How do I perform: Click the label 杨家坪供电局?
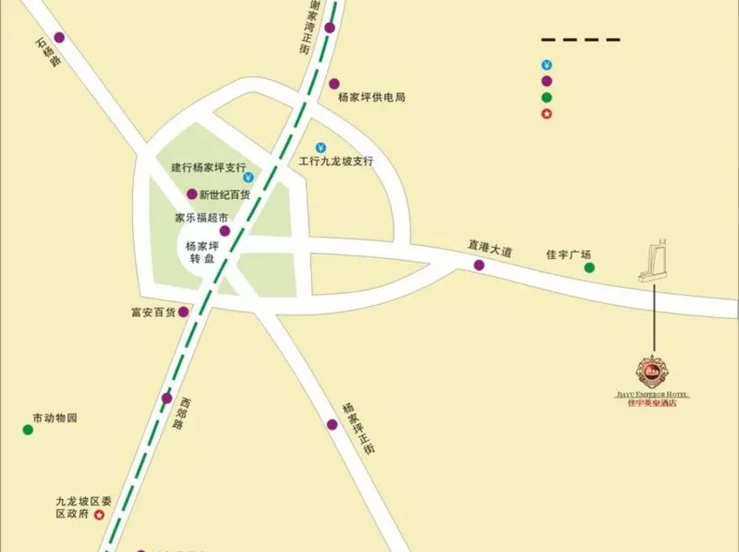pos(372,97)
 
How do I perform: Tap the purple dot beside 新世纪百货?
pos(192,194)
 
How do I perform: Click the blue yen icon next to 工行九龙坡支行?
pos(321,147)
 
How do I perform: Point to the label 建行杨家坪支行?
pos(209,167)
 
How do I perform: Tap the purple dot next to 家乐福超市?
pos(224,231)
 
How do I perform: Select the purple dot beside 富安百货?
pos(183,312)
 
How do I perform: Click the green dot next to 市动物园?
pos(28,429)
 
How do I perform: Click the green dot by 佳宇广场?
pos(589,268)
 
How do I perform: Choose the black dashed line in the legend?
pos(580,40)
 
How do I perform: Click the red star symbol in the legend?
pos(546,114)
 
